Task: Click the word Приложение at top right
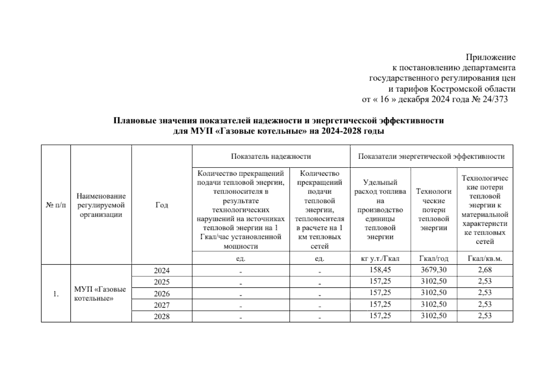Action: coord(490,57)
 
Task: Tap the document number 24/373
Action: coord(494,99)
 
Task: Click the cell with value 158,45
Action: coord(380,270)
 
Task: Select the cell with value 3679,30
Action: coord(433,270)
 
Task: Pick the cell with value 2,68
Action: coord(485,270)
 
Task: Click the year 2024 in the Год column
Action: coord(162,270)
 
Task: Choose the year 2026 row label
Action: coord(162,294)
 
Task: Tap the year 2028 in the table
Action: coord(162,316)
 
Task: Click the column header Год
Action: coord(162,205)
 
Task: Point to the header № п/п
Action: coord(56,205)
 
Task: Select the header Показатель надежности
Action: coord(271,156)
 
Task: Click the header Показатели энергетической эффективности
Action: coord(431,156)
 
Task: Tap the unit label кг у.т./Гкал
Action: coord(380,258)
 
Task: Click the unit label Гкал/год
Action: coord(433,258)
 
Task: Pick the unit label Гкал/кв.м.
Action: coord(485,258)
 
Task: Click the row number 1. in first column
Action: coord(56,294)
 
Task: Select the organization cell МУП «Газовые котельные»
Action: coord(100,294)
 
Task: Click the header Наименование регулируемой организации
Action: coord(101,205)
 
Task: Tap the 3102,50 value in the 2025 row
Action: coord(433,281)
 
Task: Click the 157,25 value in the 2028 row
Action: coord(380,316)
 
